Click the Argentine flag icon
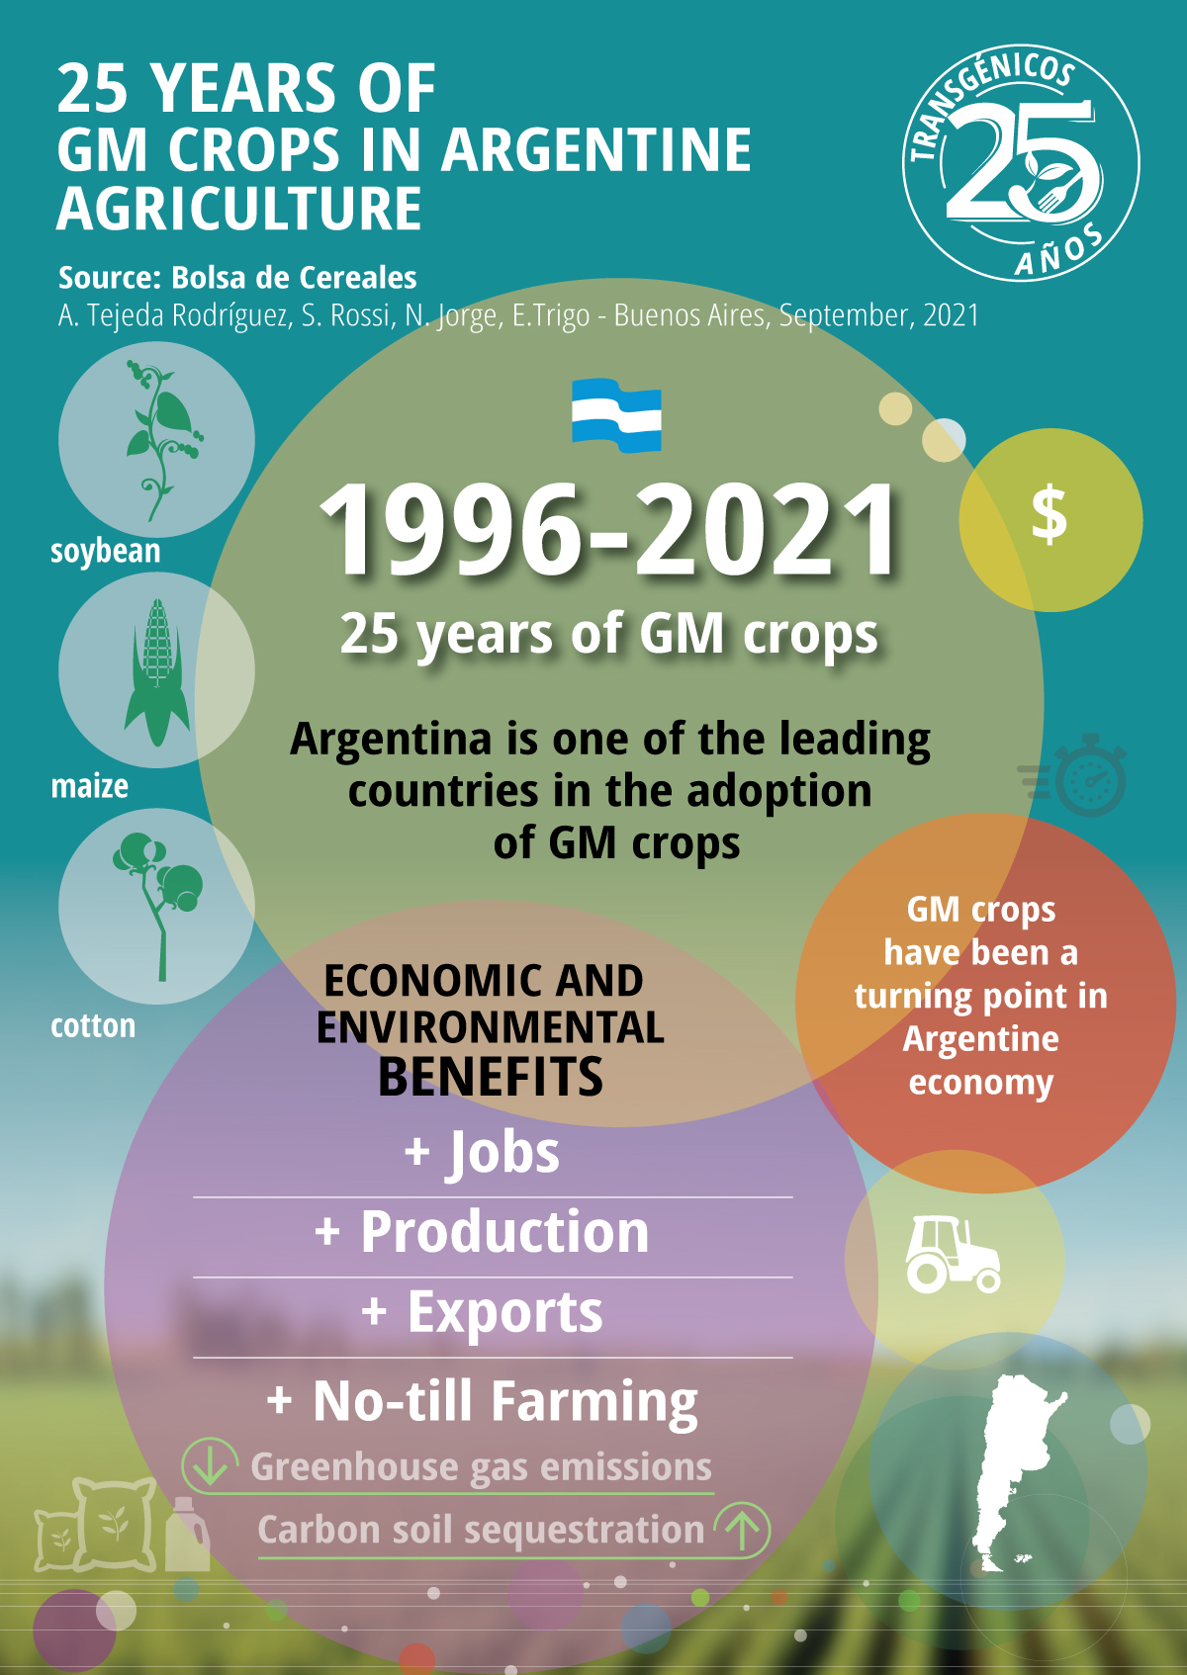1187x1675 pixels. [616, 415]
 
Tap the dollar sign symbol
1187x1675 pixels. [1050, 514]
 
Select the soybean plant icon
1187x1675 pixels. [161, 441]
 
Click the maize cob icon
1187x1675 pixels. [157, 673]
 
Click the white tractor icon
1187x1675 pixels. [953, 1255]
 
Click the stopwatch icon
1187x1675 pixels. [1073, 774]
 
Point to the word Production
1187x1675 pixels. [504, 1232]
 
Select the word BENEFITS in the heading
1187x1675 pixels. [491, 1077]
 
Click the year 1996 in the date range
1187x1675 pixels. [450, 529]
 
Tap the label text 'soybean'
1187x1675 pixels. [106, 552]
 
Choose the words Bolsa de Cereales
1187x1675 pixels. [294, 278]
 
